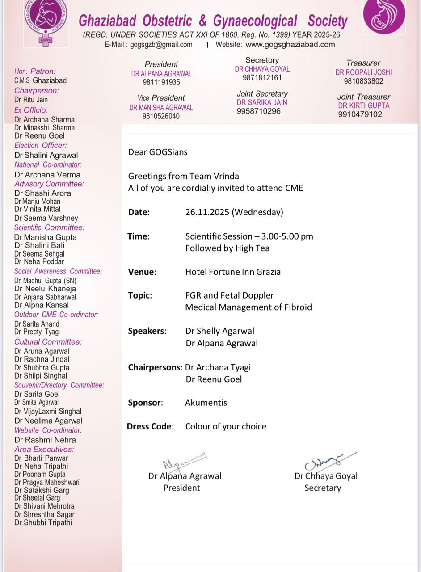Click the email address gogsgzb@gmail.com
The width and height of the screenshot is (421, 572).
(161, 44)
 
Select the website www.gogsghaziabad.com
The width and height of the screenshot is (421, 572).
(290, 44)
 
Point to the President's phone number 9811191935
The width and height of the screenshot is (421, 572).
(161, 82)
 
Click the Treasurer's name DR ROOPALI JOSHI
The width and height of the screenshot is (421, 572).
(363, 72)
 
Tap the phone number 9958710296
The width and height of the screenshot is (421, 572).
(259, 111)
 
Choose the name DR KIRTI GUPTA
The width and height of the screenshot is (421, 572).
(364, 105)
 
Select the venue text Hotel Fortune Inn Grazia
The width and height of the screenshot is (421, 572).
(233, 272)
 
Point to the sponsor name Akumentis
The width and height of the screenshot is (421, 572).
(206, 403)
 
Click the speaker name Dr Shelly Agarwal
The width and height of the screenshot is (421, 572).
(220, 331)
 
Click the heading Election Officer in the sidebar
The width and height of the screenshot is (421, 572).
(41, 145)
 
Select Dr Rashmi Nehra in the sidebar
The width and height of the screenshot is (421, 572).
(45, 440)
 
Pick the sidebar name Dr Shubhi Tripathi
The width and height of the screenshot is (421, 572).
(43, 522)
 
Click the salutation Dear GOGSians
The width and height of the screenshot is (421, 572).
(158, 152)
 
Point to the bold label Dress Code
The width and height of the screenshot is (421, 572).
(150, 426)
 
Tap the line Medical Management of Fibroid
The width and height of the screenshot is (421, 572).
(248, 307)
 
